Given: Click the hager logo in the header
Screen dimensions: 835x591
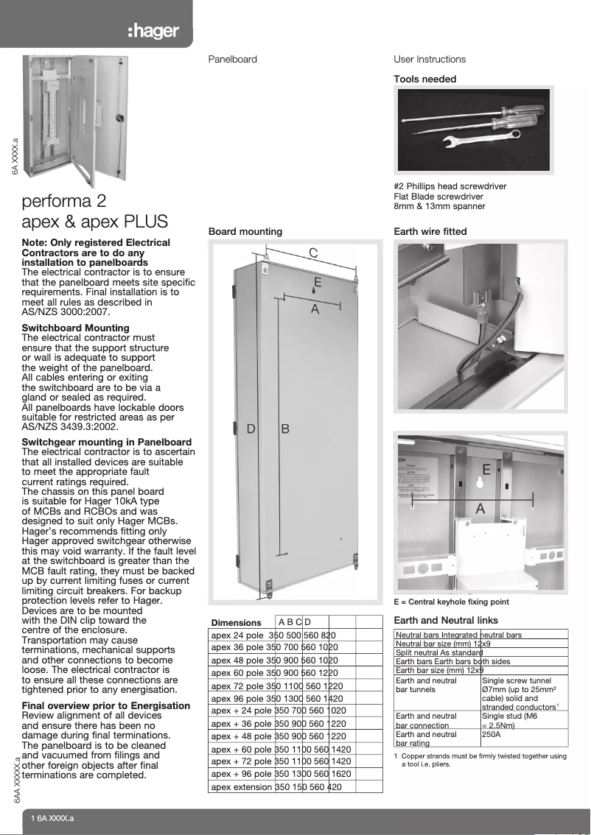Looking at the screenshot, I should click(x=153, y=32).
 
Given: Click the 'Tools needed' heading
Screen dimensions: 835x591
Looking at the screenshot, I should click(x=424, y=79).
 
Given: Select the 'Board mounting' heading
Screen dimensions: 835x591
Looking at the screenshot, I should click(x=245, y=231).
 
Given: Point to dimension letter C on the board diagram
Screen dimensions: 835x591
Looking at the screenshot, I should click(x=313, y=253).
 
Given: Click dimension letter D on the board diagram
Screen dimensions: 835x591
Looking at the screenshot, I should click(x=251, y=429).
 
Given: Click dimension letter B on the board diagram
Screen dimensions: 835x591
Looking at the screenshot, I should click(x=284, y=429).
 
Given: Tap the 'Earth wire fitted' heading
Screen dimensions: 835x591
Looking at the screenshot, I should click(x=430, y=231).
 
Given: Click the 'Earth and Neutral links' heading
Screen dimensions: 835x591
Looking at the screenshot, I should click(x=446, y=620).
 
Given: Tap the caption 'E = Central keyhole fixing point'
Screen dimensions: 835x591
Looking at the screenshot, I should click(x=451, y=602).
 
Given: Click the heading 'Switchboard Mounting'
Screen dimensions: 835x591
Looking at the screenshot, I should click(x=75, y=328).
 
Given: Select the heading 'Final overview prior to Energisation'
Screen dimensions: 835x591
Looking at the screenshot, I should click(x=106, y=705).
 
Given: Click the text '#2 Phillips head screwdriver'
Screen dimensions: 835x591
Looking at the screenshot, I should click(x=450, y=186).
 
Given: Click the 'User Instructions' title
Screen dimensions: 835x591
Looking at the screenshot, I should click(x=430, y=59).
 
